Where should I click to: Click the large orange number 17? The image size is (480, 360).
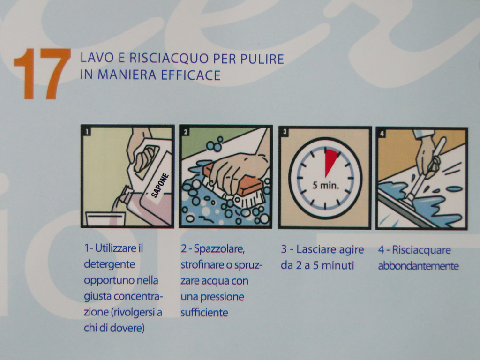(43, 74)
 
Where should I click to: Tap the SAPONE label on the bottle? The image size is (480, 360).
(160, 185)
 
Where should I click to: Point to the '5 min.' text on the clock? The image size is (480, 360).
(325, 185)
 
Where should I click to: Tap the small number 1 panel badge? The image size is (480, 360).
(87, 132)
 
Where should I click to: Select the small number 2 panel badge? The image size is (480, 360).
(186, 132)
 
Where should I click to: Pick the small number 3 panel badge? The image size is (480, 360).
(285, 132)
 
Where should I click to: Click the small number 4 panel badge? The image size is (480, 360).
(382, 133)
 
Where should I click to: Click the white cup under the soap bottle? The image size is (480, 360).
(105, 218)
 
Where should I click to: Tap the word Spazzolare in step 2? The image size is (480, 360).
(219, 249)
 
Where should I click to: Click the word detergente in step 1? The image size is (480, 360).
(110, 264)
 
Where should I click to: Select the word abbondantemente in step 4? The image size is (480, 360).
(418, 266)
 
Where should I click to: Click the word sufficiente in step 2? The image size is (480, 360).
(204, 313)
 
